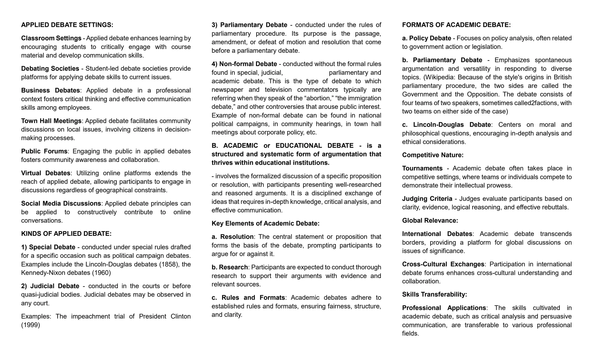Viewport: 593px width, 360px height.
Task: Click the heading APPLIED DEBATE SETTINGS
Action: click(67, 25)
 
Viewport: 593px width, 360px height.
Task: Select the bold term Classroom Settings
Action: click(51, 38)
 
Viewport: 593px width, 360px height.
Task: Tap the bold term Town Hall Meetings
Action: click(51, 121)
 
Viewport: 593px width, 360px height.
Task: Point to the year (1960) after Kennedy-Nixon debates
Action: click(101, 273)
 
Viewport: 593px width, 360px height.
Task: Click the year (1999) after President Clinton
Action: click(30, 325)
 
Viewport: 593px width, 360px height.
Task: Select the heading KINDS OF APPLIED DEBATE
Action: click(66, 234)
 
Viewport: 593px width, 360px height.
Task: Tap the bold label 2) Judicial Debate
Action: click(50, 286)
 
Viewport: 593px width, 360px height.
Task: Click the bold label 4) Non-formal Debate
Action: click(244, 64)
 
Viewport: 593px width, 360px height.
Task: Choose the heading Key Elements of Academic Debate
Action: click(265, 224)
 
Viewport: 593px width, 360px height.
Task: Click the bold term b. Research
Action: click(230, 267)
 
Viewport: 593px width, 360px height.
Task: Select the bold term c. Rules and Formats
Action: click(248, 298)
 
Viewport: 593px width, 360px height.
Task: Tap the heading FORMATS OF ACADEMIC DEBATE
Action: click(456, 25)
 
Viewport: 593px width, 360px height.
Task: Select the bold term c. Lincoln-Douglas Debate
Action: click(446, 125)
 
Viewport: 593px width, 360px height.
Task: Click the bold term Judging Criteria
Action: click(427, 199)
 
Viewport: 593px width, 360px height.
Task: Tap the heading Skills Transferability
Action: click(434, 295)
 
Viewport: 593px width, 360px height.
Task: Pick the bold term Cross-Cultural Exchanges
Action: click(443, 264)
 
